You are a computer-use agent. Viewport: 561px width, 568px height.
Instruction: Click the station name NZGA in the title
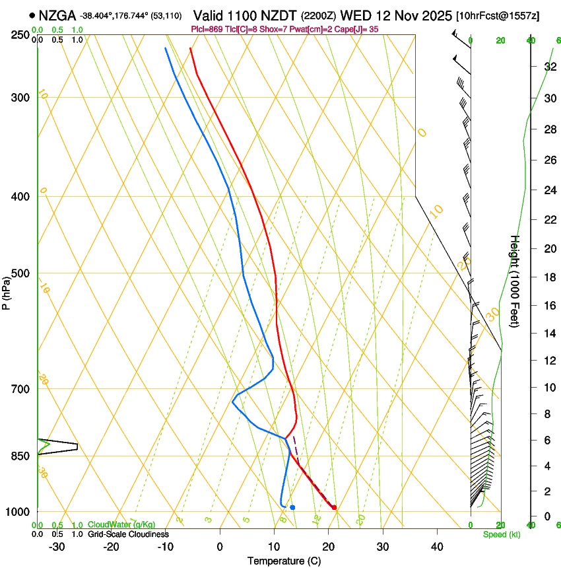point(57,15)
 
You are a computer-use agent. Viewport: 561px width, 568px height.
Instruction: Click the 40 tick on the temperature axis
point(437,547)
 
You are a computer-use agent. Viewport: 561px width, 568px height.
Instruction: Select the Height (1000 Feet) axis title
point(515,281)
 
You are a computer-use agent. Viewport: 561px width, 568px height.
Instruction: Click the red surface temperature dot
point(334,507)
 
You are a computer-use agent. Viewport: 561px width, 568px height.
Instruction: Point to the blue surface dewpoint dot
point(292,507)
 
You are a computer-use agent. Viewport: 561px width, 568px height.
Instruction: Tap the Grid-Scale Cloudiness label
point(128,534)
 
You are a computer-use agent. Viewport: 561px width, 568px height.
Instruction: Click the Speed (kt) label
point(501,534)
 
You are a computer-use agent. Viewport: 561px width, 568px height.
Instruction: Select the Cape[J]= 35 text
point(360,29)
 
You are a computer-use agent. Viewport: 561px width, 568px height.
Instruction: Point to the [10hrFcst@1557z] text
point(497,15)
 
